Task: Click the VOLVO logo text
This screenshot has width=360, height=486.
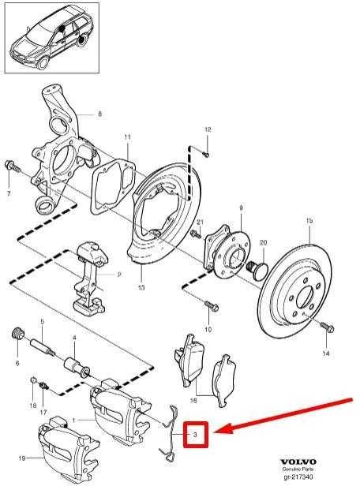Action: click(x=298, y=462)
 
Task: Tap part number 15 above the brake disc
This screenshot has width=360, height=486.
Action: click(x=309, y=221)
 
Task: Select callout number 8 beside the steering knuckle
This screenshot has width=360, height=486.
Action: click(x=99, y=114)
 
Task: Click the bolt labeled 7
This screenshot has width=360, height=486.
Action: click(x=12, y=166)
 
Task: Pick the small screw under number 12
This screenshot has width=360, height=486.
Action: click(x=205, y=153)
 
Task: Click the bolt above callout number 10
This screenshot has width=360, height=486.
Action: click(x=212, y=306)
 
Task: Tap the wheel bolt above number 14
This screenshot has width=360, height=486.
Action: click(x=327, y=327)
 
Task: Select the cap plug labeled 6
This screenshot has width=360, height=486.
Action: click(x=18, y=333)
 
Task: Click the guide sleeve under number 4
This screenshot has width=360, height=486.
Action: click(x=77, y=367)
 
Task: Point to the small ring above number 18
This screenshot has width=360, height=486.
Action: click(x=33, y=380)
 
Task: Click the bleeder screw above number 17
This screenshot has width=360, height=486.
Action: click(x=43, y=387)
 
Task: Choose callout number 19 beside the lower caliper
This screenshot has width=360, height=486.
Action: click(x=22, y=458)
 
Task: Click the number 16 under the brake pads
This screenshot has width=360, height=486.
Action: click(x=193, y=401)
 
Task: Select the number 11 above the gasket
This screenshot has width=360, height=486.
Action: click(x=128, y=136)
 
